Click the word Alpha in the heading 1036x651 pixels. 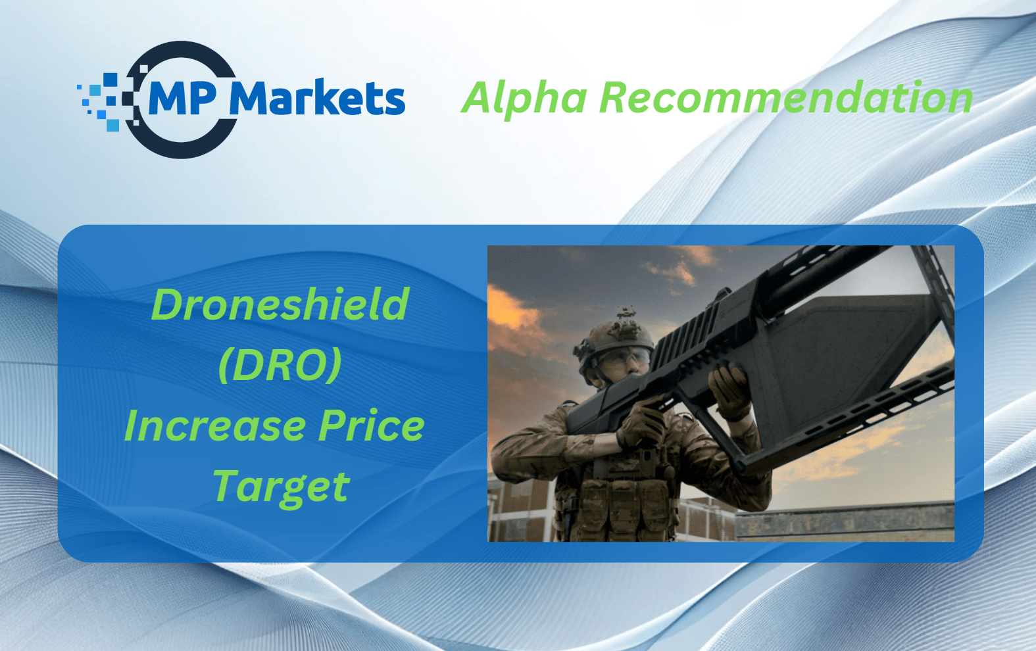click(524, 97)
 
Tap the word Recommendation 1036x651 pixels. click(786, 97)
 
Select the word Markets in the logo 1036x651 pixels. click(317, 97)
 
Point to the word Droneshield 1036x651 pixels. click(280, 304)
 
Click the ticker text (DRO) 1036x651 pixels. click(280, 365)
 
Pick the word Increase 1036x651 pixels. click(214, 426)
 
